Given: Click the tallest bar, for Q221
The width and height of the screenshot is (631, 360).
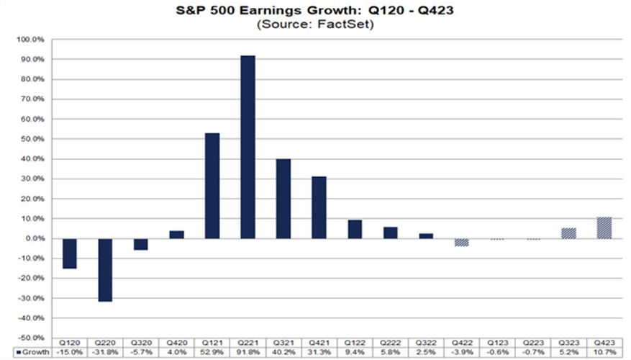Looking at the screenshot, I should pos(248,147).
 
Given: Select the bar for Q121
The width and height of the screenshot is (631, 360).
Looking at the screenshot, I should pos(212,186).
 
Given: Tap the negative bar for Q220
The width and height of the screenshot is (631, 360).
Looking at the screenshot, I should pos(106,270).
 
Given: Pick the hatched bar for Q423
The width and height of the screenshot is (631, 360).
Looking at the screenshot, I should pos(604,228).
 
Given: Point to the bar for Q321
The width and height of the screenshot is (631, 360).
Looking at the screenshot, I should pos(283,199).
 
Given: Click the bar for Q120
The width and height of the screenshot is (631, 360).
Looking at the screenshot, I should pos(71,253).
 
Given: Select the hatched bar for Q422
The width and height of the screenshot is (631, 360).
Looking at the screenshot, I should pos(462,242).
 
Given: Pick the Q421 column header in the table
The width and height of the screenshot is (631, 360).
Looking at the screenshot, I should pos(319,343).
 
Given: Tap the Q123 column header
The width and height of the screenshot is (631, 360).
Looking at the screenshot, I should pos(497,343).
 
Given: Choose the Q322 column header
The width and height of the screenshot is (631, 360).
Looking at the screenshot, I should pos(426,343).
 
